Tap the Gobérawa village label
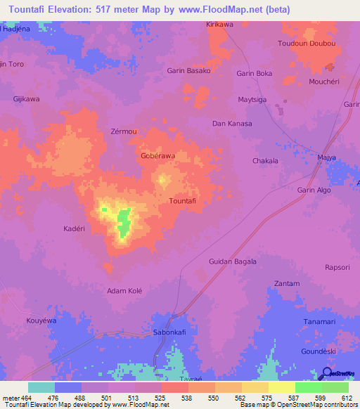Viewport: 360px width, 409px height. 158,155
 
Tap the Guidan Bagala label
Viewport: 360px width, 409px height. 233,261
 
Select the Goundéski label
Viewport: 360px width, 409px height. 319,350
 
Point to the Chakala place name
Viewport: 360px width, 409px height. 265,161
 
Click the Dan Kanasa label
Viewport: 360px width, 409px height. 232,124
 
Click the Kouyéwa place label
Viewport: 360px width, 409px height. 41,320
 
